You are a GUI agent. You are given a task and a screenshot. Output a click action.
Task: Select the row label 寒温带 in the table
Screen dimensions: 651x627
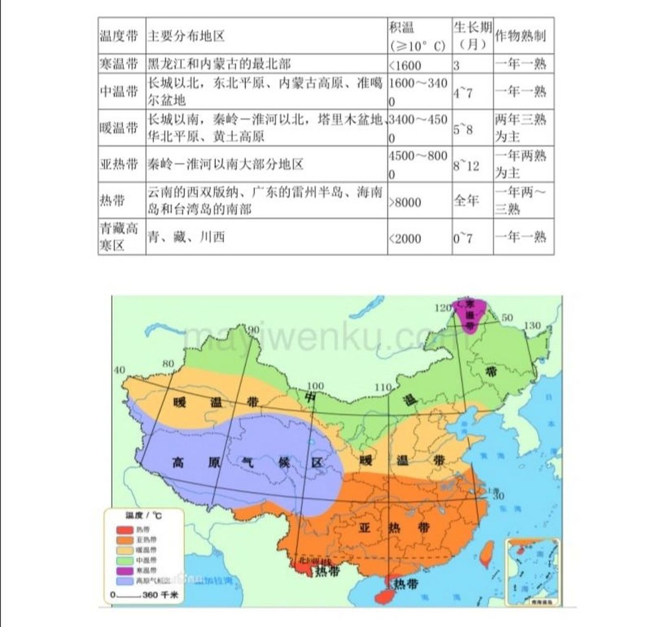tap(119, 64)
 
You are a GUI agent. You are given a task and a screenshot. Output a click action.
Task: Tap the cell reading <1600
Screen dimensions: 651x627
tap(405, 65)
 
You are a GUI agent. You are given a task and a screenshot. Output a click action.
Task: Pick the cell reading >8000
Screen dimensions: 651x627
tap(405, 202)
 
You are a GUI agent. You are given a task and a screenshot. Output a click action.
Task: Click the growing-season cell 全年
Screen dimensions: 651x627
tap(466, 201)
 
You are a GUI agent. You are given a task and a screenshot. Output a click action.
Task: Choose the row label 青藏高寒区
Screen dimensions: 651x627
tap(119, 237)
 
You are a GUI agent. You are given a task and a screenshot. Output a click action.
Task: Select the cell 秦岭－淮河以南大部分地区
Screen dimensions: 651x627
tap(226, 164)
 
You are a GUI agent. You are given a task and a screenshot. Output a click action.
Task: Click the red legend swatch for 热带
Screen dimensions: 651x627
tap(125, 530)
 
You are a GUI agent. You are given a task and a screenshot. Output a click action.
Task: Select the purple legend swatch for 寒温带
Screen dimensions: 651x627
tap(125, 571)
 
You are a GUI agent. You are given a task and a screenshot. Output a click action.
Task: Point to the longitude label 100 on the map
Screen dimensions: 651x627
tap(315, 386)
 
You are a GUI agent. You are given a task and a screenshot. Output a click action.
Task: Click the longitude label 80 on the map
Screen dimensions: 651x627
tap(168, 363)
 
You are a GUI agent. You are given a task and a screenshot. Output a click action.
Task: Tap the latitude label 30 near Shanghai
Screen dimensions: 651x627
tap(498, 496)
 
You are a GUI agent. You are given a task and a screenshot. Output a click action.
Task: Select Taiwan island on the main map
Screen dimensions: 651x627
tap(487, 554)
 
